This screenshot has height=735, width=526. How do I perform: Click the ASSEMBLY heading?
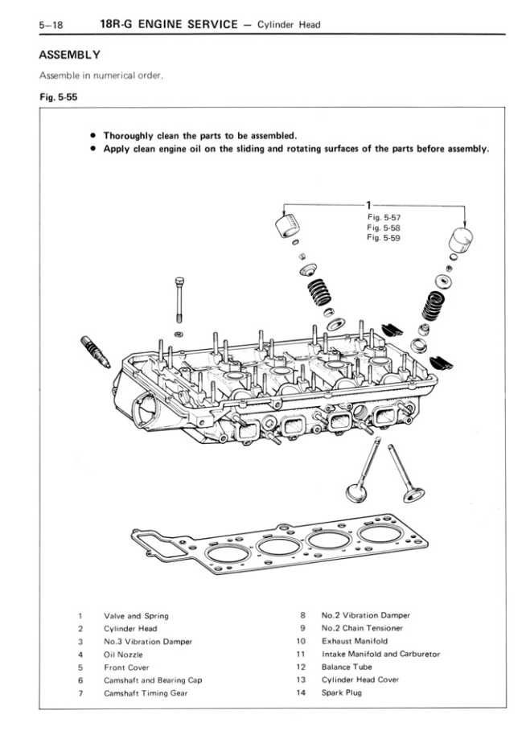coord(69,55)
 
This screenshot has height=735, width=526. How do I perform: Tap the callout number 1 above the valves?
coord(368,204)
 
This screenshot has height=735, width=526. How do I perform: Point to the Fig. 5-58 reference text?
coord(383,228)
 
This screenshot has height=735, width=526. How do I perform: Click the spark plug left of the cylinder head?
coord(94,351)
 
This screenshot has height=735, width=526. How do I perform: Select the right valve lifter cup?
coord(461,240)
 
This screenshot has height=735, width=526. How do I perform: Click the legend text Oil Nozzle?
coord(123,655)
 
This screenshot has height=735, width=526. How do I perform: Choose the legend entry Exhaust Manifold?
coord(354,642)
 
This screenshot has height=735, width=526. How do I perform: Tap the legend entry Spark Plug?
coord(342,692)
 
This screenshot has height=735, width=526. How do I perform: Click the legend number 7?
coord(81,692)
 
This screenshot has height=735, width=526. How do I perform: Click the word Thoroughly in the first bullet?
coord(131,135)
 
